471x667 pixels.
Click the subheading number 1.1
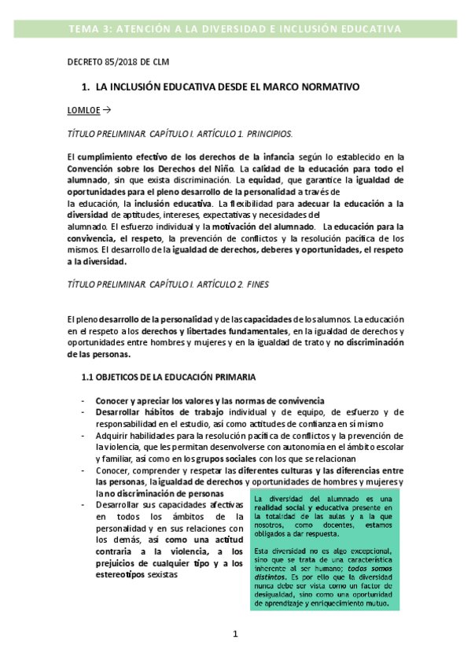[x=88, y=378]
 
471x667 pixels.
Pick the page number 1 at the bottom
[x=234, y=634]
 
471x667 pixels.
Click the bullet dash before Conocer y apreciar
[x=83, y=400]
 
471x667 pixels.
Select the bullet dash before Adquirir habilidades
[x=83, y=435]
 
